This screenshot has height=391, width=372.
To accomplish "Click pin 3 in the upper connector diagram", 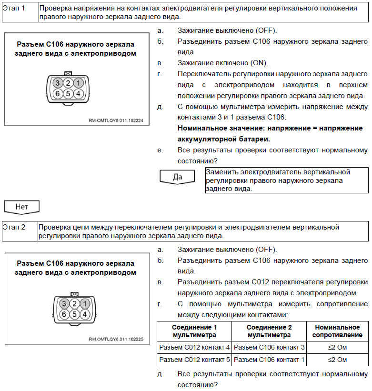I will [x=57, y=83].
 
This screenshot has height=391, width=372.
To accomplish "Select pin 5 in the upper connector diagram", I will [x=68, y=93].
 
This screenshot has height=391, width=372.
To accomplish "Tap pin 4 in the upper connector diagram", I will [x=78, y=93].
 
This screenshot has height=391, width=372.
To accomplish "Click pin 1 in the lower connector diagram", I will [x=84, y=304].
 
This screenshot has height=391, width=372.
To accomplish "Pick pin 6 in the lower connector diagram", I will [x=63, y=314].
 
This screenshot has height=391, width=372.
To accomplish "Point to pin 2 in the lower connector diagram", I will [x=73, y=304].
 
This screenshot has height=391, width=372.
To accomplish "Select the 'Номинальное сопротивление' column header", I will [x=337, y=331].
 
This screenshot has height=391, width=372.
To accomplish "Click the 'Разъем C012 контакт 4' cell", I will [x=194, y=347].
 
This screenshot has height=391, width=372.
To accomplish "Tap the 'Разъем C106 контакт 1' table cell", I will [x=269, y=359].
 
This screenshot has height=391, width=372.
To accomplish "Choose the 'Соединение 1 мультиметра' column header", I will [x=194, y=331].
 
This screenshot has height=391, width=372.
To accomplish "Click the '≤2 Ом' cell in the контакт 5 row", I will [x=337, y=359].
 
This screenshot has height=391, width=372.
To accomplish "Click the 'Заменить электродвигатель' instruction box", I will [x=287, y=180].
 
